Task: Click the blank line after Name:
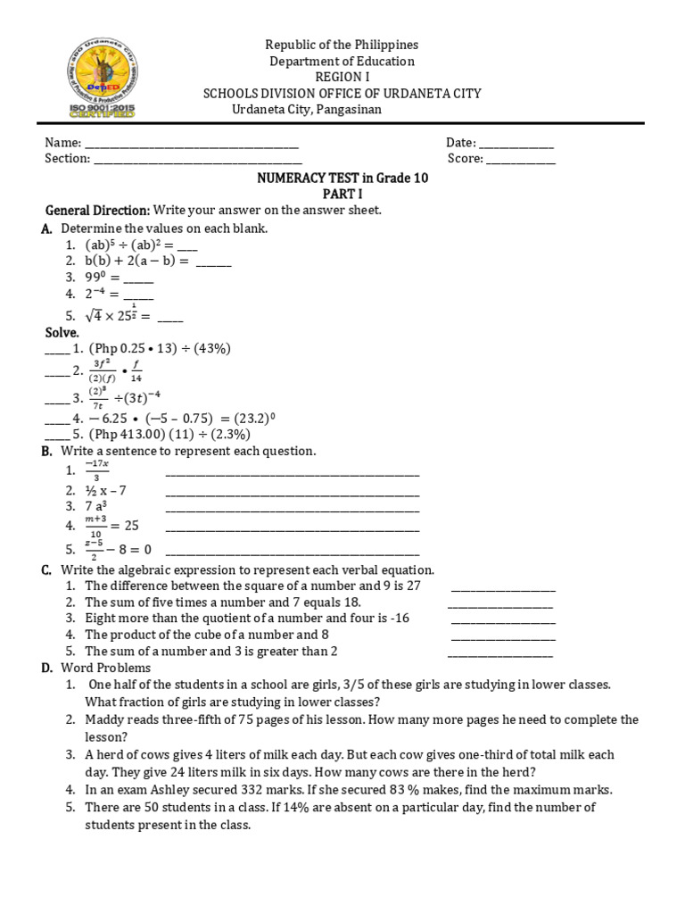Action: [x=191, y=144]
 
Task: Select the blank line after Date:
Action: [x=516, y=144]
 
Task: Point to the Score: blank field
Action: [x=520, y=160]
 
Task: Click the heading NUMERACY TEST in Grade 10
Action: [x=342, y=178]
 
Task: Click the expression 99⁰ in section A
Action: [x=98, y=278]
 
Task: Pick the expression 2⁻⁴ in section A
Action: [x=98, y=294]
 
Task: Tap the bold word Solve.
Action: [x=63, y=332]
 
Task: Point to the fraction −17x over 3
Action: [x=95, y=469]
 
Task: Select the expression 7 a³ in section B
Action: [x=96, y=507]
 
